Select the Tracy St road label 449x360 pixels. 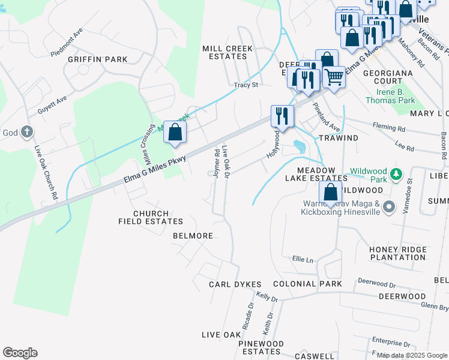(246, 85)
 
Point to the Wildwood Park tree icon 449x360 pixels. (396, 174)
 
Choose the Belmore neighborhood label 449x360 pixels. (193, 236)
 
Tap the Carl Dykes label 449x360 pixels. (235, 284)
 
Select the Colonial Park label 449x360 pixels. (307, 284)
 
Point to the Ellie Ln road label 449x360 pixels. (303, 260)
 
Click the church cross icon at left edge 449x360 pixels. (26, 131)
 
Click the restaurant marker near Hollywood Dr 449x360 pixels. (282, 116)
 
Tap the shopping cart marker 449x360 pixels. (334, 76)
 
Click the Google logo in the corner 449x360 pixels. (20, 353)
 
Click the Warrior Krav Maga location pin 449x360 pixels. (388, 208)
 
